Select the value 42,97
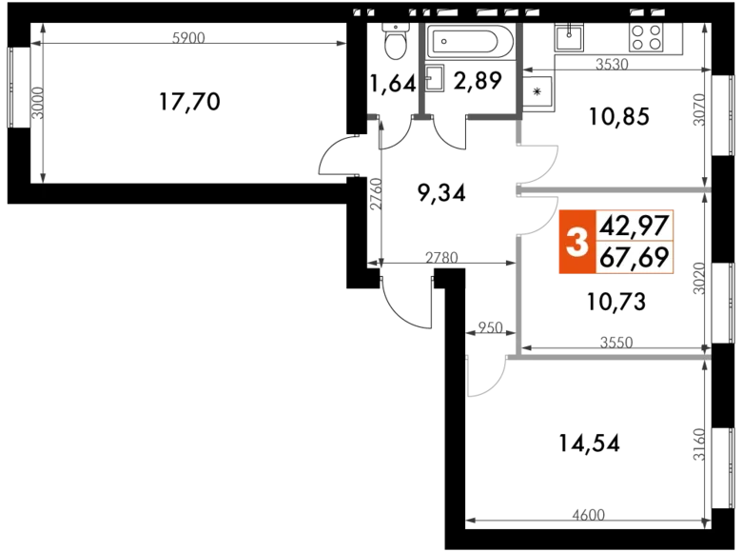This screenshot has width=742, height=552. click(x=635, y=226)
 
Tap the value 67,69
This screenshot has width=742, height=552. click(x=635, y=258)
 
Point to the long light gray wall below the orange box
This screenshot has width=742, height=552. click(x=609, y=357)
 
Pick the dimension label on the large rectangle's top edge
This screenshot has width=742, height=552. click(x=186, y=37)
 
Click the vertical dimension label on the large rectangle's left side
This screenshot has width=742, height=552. click(x=35, y=103)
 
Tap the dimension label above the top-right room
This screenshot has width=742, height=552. click(x=613, y=64)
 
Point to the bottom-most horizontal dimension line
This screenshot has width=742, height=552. click(x=533, y=520)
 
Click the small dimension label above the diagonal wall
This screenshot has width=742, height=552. click(x=488, y=327)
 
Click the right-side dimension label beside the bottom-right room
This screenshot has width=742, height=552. click(x=700, y=443)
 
